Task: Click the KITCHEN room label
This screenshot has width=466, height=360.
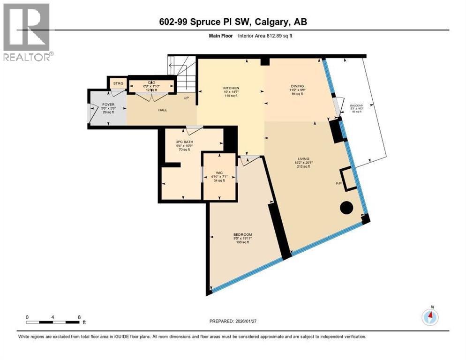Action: pos(231,88)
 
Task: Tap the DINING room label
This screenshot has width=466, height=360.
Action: pos(297,86)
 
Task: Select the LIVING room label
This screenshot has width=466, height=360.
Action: pos(303,158)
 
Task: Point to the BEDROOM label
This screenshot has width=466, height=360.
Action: pos(243,234)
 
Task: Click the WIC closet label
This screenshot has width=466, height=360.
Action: pos(219,172)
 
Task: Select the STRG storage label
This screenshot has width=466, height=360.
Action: pos(118,83)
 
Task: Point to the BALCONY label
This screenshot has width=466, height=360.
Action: pos(356,105)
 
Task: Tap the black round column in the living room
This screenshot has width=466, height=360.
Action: pos(346,207)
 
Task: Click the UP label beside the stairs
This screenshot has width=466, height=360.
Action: pos(186,98)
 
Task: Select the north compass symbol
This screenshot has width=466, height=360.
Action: pos(430,317)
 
